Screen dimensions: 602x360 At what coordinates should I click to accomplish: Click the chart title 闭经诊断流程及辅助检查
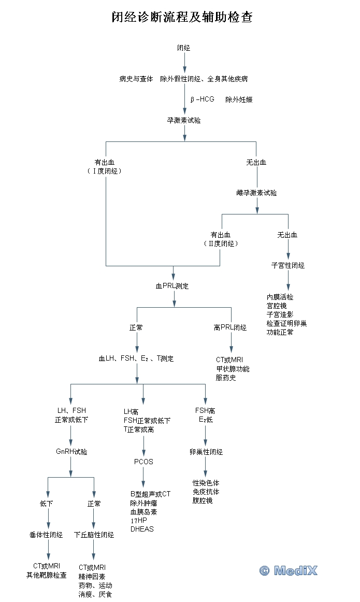point(182,18)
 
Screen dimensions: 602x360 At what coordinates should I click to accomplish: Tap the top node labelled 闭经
point(184,48)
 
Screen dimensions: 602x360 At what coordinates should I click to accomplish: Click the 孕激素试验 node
point(184,120)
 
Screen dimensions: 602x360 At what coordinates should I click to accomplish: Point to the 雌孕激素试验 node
point(256,193)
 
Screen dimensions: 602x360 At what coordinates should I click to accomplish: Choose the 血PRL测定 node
point(172,285)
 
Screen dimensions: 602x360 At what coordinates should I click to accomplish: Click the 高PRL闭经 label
point(231,327)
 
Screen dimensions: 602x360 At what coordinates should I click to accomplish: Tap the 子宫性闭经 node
point(288,265)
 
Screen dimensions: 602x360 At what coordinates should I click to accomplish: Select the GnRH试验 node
point(71,452)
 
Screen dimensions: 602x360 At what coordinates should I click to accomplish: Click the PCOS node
point(143,462)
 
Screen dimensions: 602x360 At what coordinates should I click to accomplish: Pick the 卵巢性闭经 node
point(206,452)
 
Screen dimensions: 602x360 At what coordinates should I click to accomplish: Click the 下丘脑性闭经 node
point(94,535)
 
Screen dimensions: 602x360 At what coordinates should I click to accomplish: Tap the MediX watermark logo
point(289,570)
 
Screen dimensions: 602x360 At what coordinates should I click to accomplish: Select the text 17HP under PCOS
point(138,521)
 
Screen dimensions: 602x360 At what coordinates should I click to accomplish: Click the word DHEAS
point(142,529)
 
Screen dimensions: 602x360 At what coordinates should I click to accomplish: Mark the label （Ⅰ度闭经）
point(106,171)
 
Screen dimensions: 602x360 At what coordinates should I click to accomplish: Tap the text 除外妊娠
point(239,99)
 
